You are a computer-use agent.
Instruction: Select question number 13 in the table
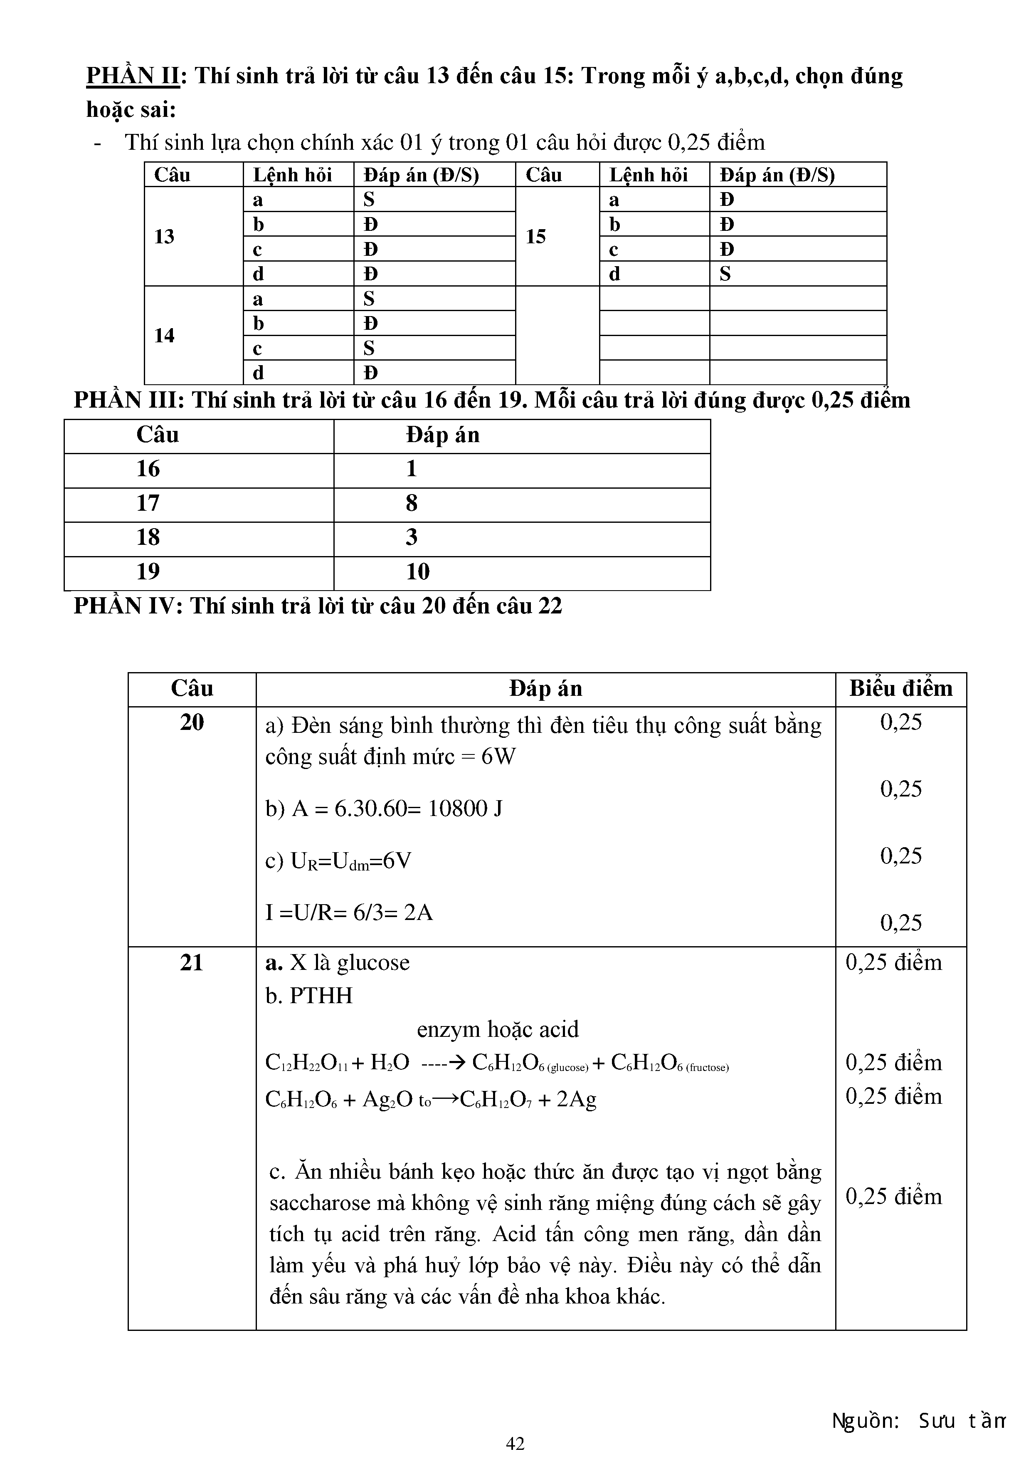[164, 236]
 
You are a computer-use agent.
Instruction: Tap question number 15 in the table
[535, 236]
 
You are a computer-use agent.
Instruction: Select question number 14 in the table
[164, 336]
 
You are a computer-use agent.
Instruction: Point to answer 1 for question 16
[412, 469]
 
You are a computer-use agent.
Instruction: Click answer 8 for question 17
[412, 503]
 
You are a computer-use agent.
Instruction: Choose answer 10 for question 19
[418, 572]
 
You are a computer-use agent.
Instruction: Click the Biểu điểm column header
[901, 689]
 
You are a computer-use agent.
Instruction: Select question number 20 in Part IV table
[192, 722]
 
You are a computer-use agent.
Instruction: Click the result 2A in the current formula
[418, 912]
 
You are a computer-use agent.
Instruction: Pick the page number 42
[515, 1444]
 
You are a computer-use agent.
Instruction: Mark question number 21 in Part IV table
[191, 963]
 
